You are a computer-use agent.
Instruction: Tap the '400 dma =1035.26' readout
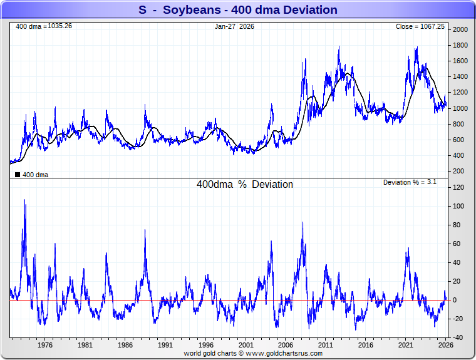pyautogui.click(x=44, y=26)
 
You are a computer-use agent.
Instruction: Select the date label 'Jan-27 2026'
pyautogui.click(x=234, y=26)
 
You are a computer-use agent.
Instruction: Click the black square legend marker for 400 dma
pyautogui.click(x=18, y=175)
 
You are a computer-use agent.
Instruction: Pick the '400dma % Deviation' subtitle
pyautogui.click(x=245, y=185)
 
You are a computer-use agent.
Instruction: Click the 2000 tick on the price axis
pyautogui.click(x=460, y=29)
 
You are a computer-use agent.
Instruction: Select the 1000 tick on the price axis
pyautogui.click(x=460, y=108)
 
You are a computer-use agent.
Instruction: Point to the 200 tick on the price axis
pyautogui.click(x=459, y=171)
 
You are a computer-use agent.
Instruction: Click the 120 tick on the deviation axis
pyautogui.click(x=459, y=187)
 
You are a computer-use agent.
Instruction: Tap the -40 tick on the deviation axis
pyautogui.click(x=459, y=337)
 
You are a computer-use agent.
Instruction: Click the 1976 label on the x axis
pyautogui.click(x=44, y=345)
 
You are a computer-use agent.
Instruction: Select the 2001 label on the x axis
pyautogui.click(x=246, y=345)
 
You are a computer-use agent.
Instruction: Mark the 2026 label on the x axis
pyautogui.click(x=445, y=345)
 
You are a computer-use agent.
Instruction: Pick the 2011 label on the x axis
pyautogui.click(x=326, y=345)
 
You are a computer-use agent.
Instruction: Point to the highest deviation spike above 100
pyautogui.click(x=24, y=201)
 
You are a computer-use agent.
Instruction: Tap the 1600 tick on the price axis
pyautogui.click(x=460, y=61)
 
